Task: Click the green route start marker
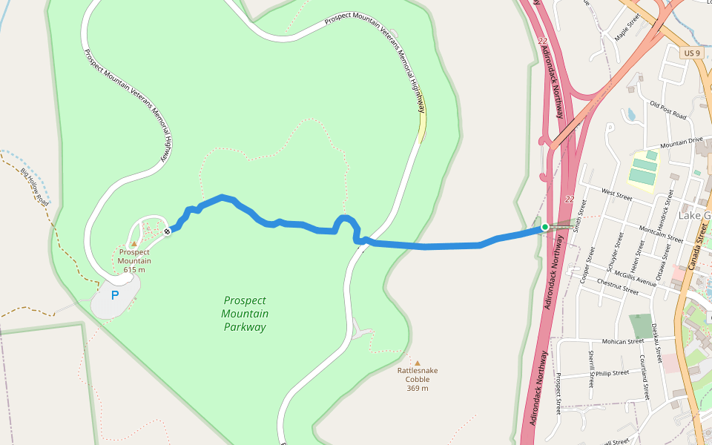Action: (544, 227)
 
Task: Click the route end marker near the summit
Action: (168, 231)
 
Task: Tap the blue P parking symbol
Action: (115, 295)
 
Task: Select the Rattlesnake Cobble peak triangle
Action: (417, 363)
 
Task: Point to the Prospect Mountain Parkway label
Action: (245, 314)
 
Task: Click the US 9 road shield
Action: (690, 53)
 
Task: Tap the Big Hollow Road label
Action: (35, 188)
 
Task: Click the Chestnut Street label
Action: (617, 287)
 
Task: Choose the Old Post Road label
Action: (667, 111)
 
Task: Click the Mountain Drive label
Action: (680, 141)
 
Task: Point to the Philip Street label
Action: (612, 373)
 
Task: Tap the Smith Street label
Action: (581, 216)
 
